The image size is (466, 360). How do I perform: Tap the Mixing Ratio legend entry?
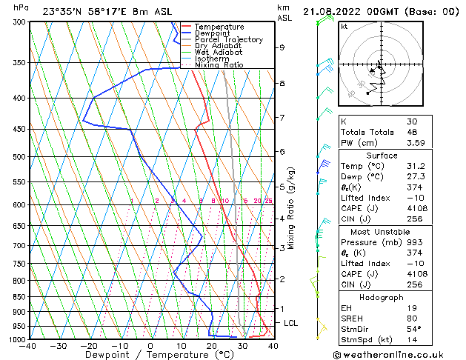219,65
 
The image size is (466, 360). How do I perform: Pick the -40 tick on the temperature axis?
29,346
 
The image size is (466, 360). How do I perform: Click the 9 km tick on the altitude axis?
282,47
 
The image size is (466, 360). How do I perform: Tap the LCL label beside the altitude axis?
290,323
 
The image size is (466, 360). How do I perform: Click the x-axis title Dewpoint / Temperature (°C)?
151,355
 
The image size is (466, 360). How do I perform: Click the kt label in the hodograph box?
344,26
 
